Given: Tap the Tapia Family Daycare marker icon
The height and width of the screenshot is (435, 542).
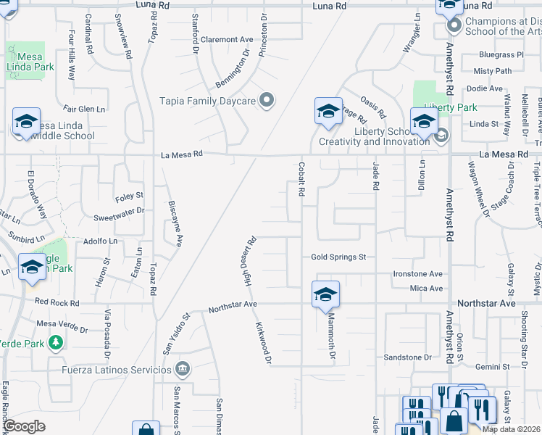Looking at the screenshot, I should coord(267,101).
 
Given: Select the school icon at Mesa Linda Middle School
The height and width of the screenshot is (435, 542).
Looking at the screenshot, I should coord(26,122).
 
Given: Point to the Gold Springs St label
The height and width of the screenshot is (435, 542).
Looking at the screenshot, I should coord(338,257).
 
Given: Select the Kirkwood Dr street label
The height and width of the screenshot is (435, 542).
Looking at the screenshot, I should coord(263,343).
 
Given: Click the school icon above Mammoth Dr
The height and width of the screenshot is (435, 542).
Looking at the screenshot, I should coord(326,294).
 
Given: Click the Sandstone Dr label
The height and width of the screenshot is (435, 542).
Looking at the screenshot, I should coord(406,357).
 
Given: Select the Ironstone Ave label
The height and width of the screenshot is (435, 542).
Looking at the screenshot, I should coord(417,274).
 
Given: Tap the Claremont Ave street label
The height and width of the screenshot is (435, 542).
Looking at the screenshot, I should coord(227,39).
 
